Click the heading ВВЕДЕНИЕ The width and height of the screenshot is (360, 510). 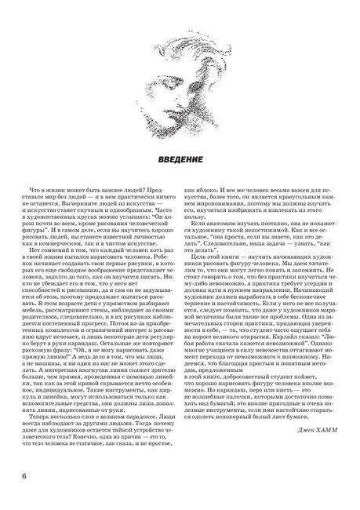[x=180, y=161]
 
